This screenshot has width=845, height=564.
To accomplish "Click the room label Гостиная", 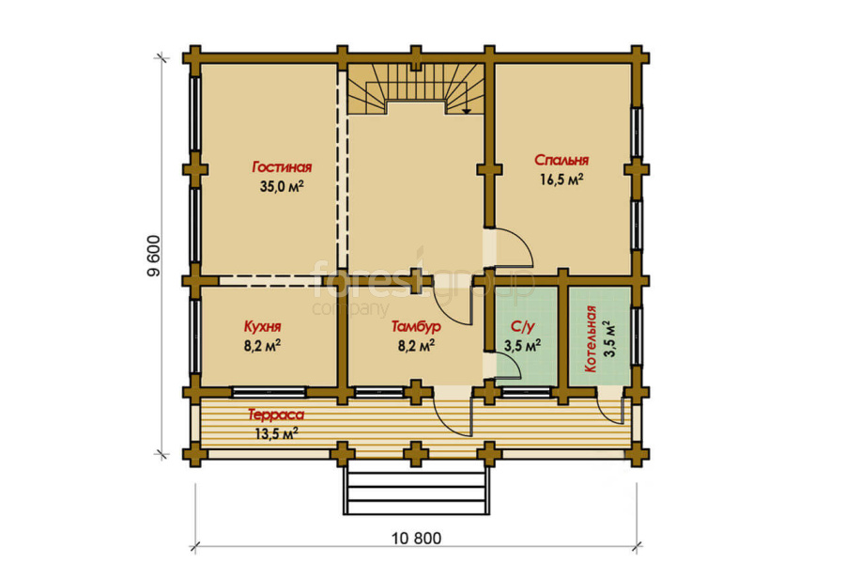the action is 282,167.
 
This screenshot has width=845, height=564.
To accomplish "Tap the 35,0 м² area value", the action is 282,187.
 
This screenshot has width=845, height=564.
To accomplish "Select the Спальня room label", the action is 561,161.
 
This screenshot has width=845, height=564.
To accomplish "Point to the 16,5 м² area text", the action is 561,180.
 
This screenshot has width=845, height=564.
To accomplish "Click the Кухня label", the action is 263,327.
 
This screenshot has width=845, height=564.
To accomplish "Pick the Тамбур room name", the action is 416,326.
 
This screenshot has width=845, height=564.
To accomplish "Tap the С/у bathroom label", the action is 522,326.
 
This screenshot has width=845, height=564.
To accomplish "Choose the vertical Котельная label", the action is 591,339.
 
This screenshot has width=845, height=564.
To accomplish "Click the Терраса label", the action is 276,415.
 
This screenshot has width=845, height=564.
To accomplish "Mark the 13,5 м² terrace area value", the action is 276,433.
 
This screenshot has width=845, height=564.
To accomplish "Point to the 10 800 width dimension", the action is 416,538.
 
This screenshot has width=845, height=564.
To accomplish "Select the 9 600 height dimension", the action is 154,256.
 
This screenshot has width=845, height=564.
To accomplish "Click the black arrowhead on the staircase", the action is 467,111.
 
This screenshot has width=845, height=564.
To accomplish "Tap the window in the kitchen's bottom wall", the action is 269,392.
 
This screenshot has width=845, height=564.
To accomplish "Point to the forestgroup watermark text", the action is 423,283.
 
